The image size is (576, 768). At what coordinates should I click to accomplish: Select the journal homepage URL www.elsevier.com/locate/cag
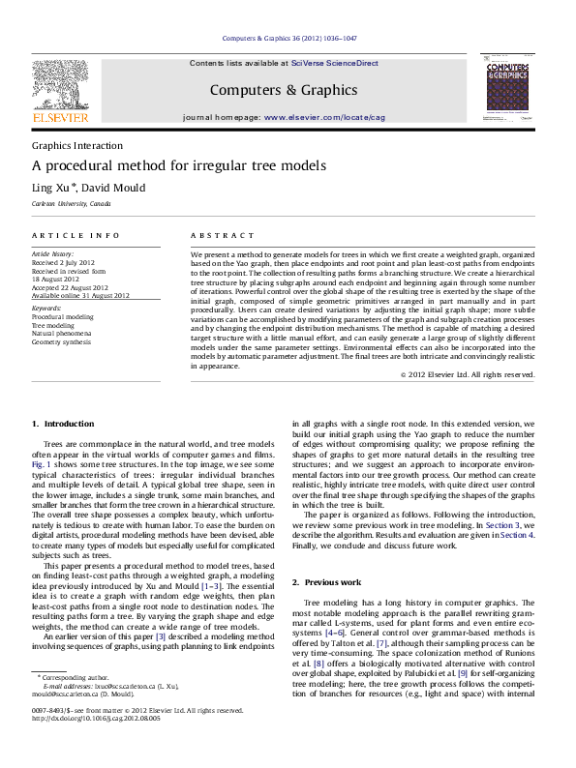pos(324,117)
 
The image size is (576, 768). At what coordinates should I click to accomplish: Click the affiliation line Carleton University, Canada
pos(72,204)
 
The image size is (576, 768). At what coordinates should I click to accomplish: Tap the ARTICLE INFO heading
pos(76,236)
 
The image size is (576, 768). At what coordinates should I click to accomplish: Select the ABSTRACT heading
pos(215,236)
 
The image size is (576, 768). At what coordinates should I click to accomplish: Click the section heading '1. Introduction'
pos(63,424)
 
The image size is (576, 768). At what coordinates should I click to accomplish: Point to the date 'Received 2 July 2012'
pos(63,262)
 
